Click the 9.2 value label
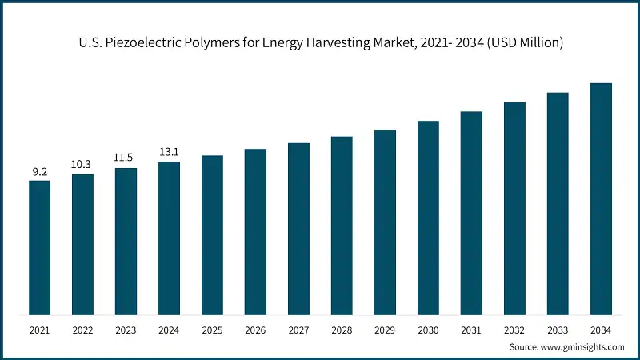(x=39, y=171)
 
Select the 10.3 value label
(x=82, y=165)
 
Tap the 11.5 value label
(x=126, y=158)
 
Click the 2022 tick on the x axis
(x=82, y=330)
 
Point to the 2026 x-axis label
(x=255, y=330)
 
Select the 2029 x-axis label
(x=385, y=330)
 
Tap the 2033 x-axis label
(x=558, y=330)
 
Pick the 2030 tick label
(x=428, y=330)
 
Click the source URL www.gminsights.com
(x=584, y=347)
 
